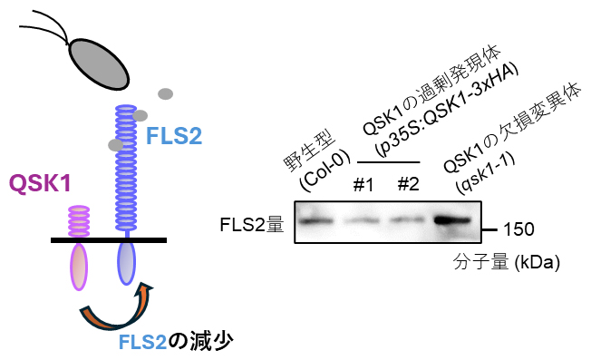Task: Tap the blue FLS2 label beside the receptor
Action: pos(173,137)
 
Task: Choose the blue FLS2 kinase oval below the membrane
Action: pos(126,262)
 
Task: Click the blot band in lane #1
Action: pos(363,220)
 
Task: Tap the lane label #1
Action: pos(363,186)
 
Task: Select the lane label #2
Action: pos(407,186)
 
